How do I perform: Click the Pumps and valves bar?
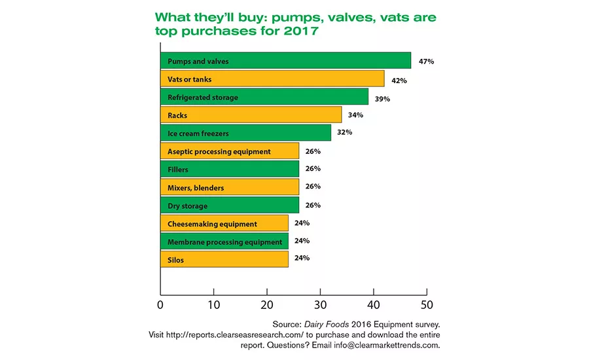[285, 60]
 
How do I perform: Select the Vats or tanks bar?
[272, 79]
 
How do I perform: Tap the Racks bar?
[251, 115]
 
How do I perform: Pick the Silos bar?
[224, 259]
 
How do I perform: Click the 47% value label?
[426, 62]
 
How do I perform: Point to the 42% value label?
[399, 81]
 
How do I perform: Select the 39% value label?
[382, 99]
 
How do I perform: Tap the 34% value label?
[355, 115]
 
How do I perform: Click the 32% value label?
[344, 132]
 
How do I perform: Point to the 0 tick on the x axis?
[160, 305]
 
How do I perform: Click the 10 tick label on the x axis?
[214, 305]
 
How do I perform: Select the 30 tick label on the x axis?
[320, 305]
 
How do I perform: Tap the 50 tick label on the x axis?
[427, 305]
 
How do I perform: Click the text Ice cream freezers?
[198, 134]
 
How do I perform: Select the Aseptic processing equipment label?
[219, 151]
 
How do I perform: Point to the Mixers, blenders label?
[196, 188]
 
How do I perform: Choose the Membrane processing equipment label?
[224, 242]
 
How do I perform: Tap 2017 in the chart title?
[301, 31]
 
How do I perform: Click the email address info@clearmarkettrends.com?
[387, 345]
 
